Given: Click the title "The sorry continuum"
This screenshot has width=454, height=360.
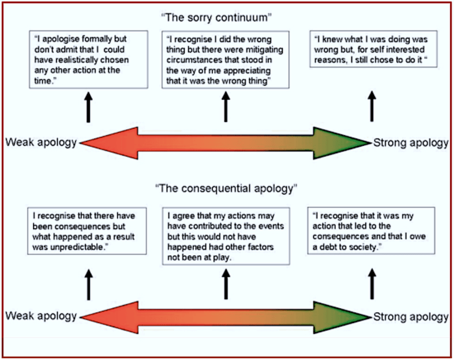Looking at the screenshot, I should tap(226, 15).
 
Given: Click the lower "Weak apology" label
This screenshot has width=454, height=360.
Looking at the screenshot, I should tap(41, 317).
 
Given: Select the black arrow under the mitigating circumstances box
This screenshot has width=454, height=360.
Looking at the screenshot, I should tap(226, 107).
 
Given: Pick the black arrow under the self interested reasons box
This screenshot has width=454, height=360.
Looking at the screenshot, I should tap(372, 107).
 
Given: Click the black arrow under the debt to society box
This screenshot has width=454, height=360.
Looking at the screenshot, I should tap(372, 283).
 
